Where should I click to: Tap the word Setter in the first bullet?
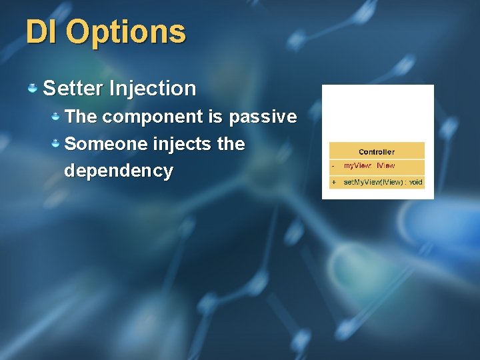point(72,88)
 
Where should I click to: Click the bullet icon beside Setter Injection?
point(32,87)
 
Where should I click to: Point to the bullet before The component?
point(57,117)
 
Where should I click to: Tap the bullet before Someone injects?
point(57,143)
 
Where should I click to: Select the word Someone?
point(106,144)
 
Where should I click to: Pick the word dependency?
point(118,171)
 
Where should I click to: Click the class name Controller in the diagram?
point(377,152)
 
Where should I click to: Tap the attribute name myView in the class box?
point(357,165)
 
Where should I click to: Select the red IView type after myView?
point(386,165)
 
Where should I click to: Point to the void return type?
point(416,182)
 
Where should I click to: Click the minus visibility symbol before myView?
point(333,165)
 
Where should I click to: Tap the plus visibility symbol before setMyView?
point(333,182)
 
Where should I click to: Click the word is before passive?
point(215,117)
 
